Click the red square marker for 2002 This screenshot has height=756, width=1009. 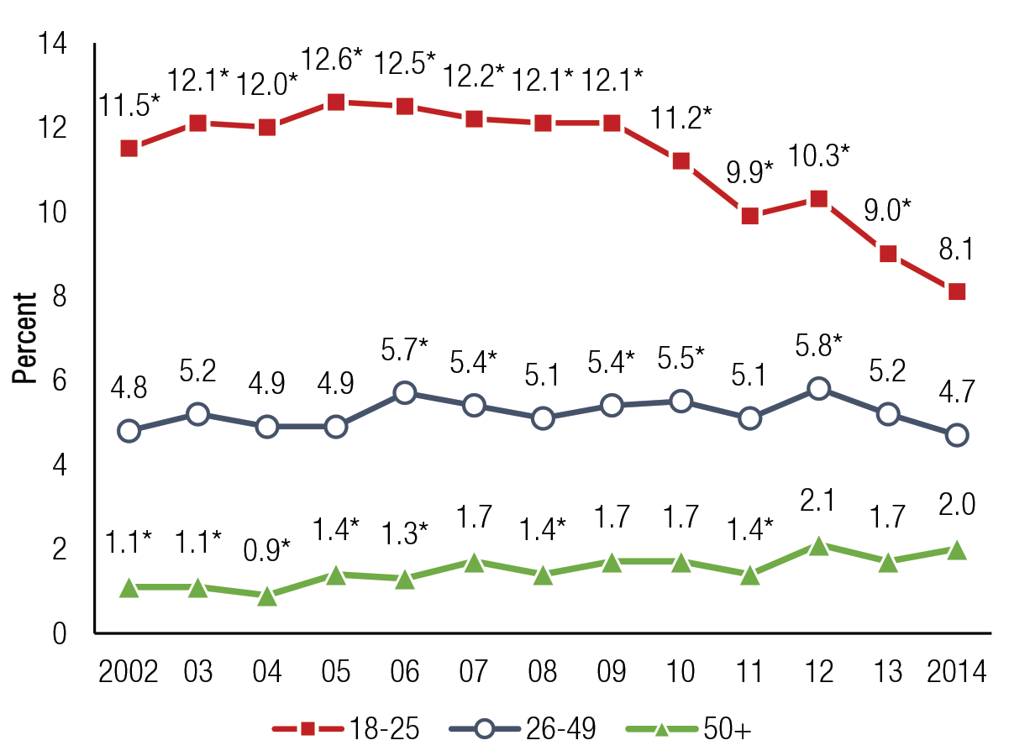[x=129, y=149]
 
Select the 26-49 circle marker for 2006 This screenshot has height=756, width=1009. [x=405, y=393]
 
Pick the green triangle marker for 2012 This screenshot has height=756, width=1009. [x=819, y=546]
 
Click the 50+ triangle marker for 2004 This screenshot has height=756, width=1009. [x=267, y=596]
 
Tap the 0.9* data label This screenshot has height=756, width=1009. [x=267, y=552]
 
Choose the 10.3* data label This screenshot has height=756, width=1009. [x=820, y=156]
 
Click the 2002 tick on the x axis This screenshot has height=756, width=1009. [x=129, y=673]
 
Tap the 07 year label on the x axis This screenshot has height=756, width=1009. [x=474, y=673]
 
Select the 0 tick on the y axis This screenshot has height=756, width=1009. [x=58, y=633]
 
